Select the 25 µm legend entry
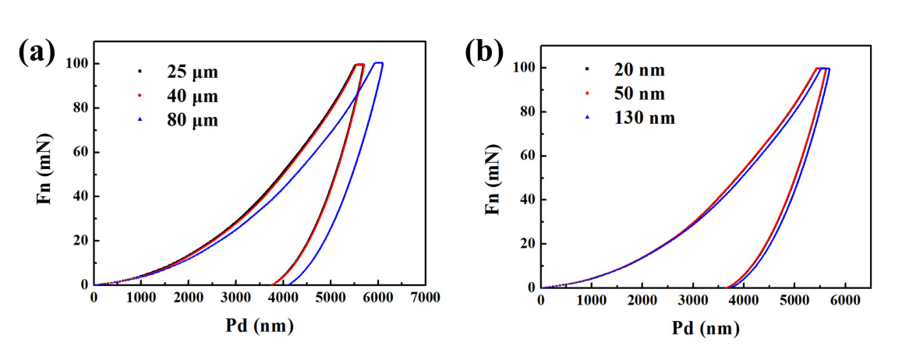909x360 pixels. pyautogui.click(x=192, y=72)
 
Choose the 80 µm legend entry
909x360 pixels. pyautogui.click(x=192, y=121)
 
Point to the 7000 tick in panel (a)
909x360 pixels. pyautogui.click(x=425, y=298)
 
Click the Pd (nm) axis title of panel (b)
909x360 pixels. pyautogui.click(x=706, y=329)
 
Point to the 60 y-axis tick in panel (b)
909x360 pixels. pyautogui.click(x=525, y=156)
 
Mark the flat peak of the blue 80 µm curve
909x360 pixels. pyautogui.click(x=378, y=63)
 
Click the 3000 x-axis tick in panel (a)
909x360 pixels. pyautogui.click(x=235, y=298)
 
